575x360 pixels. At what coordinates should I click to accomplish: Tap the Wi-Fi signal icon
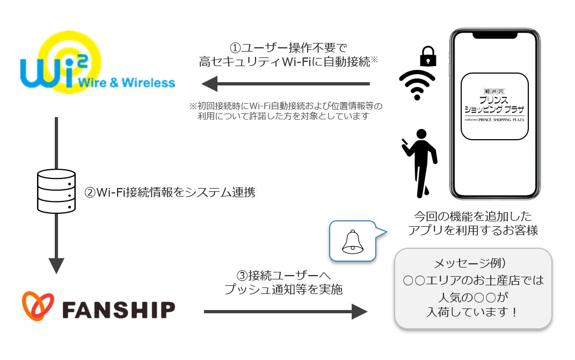point(417,85)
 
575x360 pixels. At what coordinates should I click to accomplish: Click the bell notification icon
point(353,241)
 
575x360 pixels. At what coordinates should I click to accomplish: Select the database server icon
point(55,191)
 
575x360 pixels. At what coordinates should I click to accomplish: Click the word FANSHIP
point(119,309)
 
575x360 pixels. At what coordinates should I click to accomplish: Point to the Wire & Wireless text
point(127,83)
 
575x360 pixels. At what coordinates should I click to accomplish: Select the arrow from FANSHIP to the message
point(285,311)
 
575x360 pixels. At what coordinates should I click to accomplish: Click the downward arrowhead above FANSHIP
point(56,265)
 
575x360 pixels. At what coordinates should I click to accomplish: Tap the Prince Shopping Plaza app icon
point(495,106)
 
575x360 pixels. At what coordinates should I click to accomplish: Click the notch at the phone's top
point(494,34)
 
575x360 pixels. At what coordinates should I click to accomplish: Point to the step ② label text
point(170,192)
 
